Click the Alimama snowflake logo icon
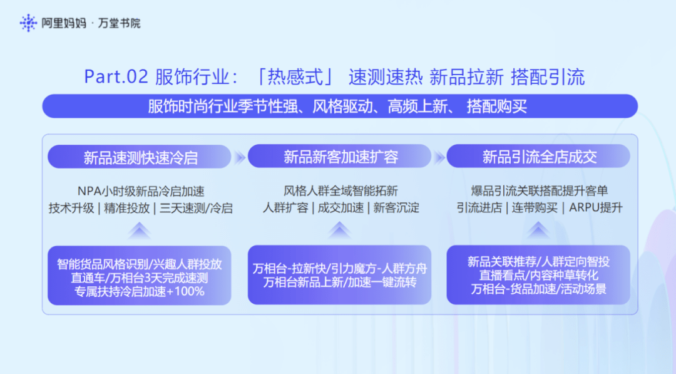point(28,23)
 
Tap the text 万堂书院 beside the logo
point(119,23)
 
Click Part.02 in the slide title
point(116,77)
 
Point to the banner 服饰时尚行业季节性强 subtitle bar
point(340,106)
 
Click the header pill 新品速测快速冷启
point(139,157)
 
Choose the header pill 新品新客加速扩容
point(339,156)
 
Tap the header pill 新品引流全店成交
point(538,156)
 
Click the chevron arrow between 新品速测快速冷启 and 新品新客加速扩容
point(239,157)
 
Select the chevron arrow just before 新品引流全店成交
point(439,157)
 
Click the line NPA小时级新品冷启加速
point(141,191)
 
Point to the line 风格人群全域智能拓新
point(341,190)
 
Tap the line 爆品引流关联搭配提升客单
point(540,190)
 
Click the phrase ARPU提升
point(596,208)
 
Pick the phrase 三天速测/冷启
point(196,209)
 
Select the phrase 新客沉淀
point(396,208)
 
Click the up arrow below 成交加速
point(339,230)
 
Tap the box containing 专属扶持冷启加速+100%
point(139,276)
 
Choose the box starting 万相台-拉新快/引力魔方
point(339,275)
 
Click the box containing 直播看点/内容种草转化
point(538,275)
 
